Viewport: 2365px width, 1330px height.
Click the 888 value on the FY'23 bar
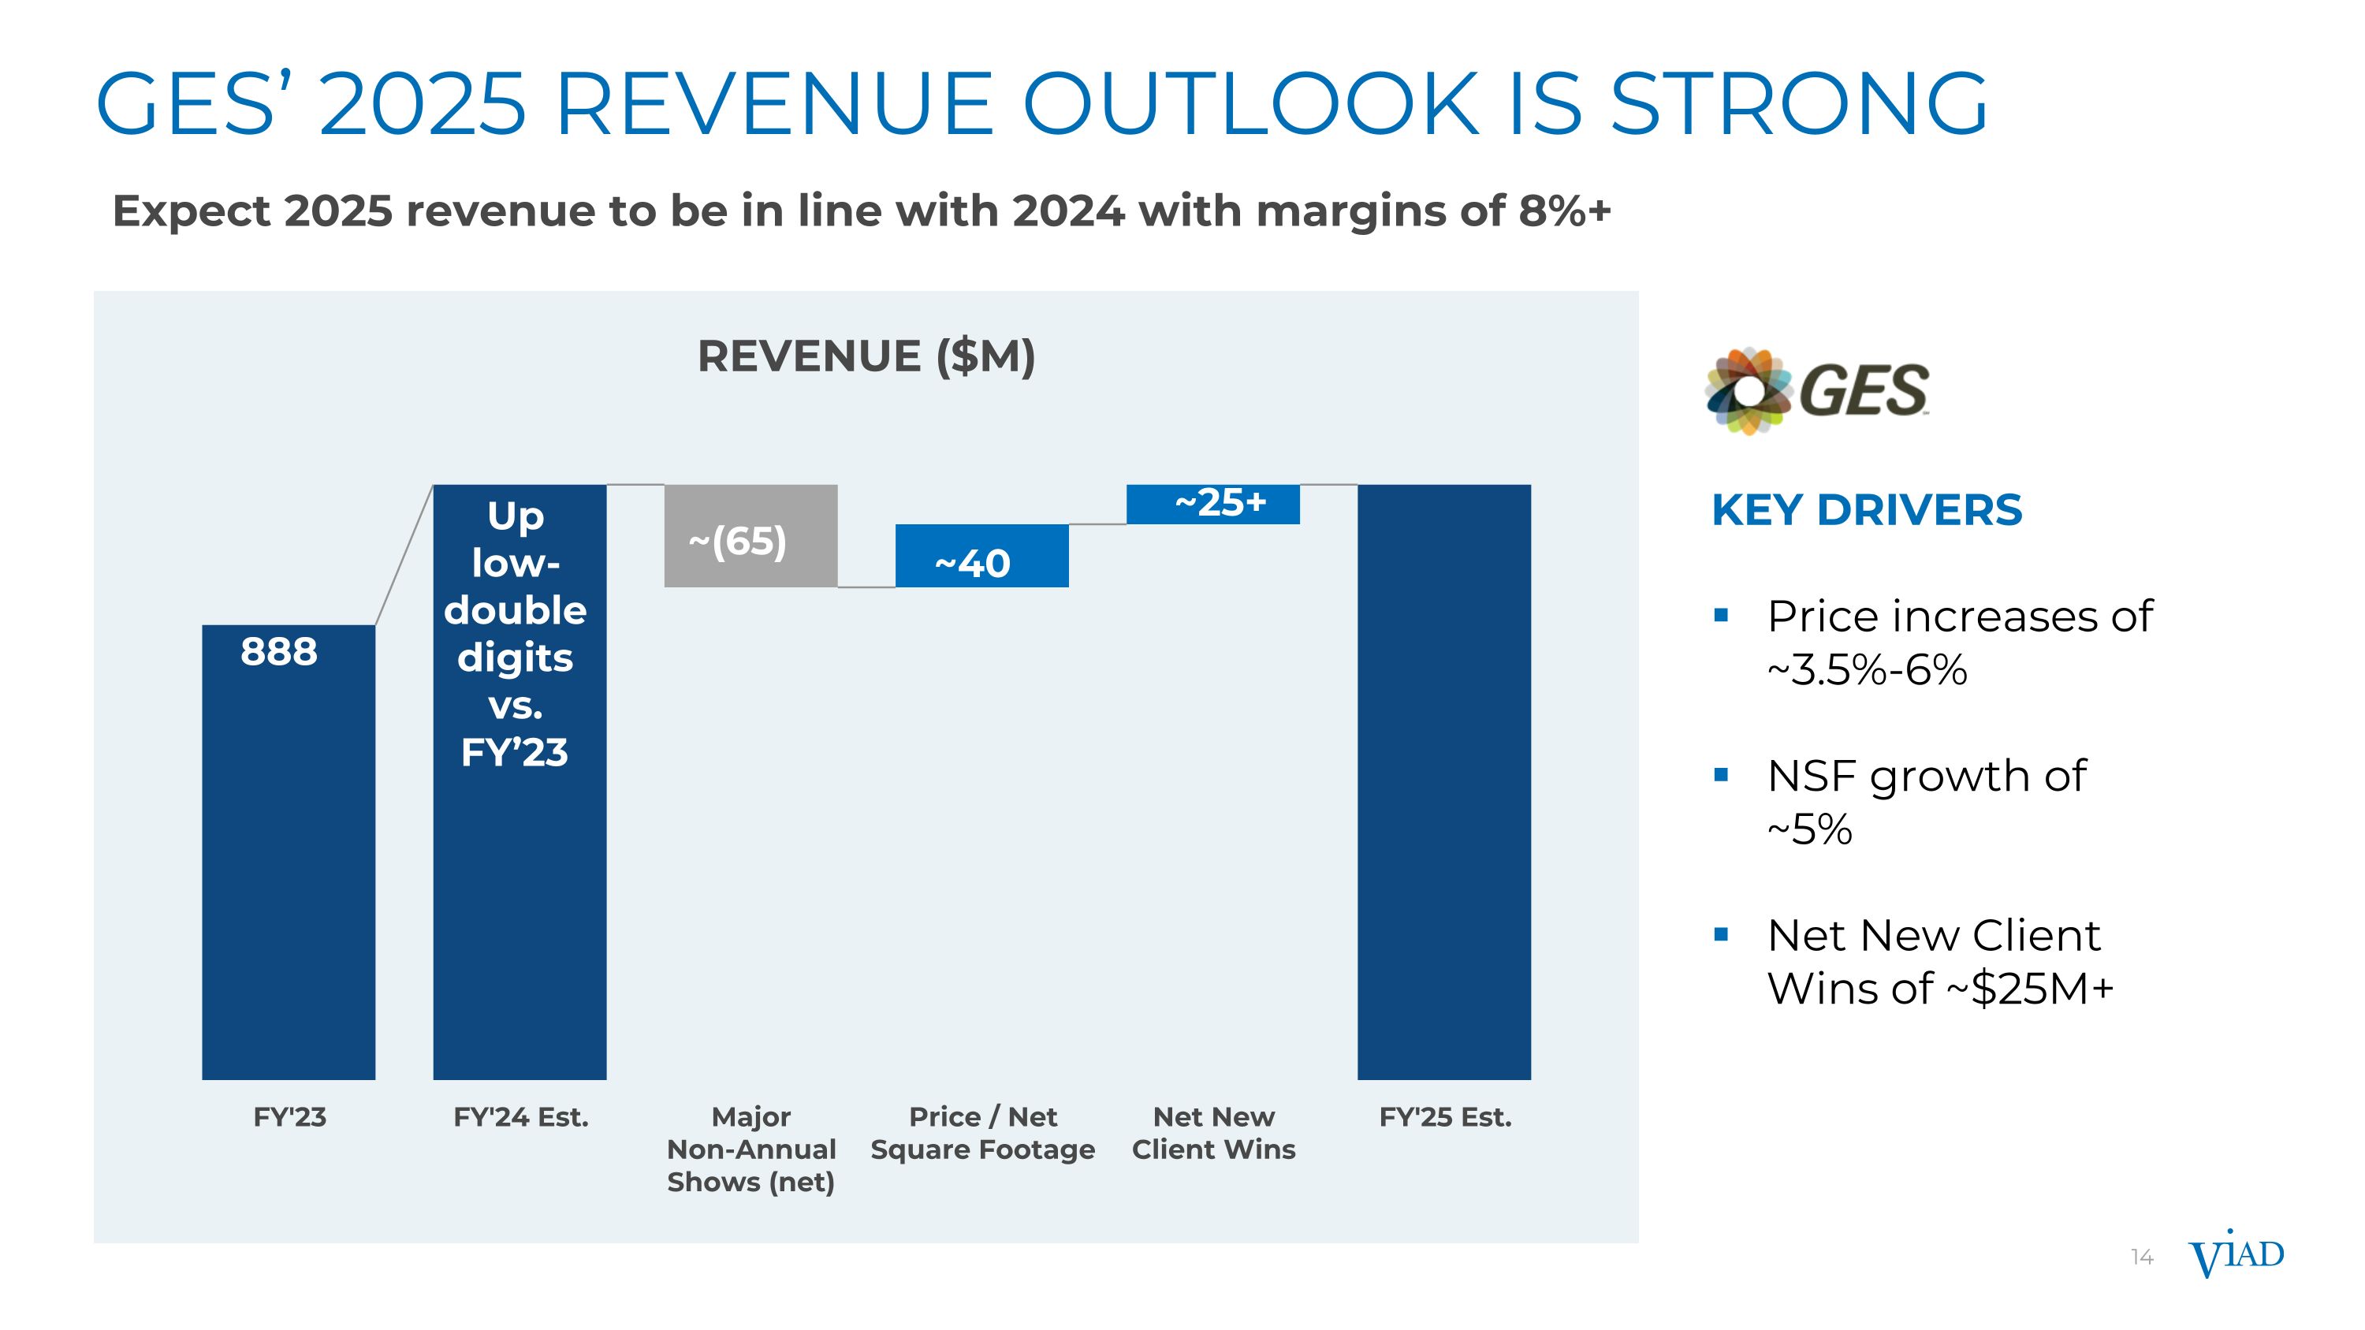(279, 652)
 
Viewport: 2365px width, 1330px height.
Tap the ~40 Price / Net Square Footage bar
(981, 557)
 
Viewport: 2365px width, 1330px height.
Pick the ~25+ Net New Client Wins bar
(1212, 504)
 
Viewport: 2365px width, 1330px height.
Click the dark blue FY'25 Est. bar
(1443, 781)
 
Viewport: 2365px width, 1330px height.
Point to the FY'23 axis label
(289, 1117)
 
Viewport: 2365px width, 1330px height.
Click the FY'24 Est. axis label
(520, 1117)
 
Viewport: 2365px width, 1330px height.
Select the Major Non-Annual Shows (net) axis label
(751, 1149)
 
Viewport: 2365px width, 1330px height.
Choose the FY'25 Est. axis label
(1444, 1117)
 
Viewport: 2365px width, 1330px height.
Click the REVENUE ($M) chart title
(866, 356)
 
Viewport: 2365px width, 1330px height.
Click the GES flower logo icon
(1748, 390)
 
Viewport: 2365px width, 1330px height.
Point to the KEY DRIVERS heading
(1867, 510)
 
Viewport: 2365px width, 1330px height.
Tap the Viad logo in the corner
(2236, 1256)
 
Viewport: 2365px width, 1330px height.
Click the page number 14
(2142, 1257)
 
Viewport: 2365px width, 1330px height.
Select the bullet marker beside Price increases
(1722, 615)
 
